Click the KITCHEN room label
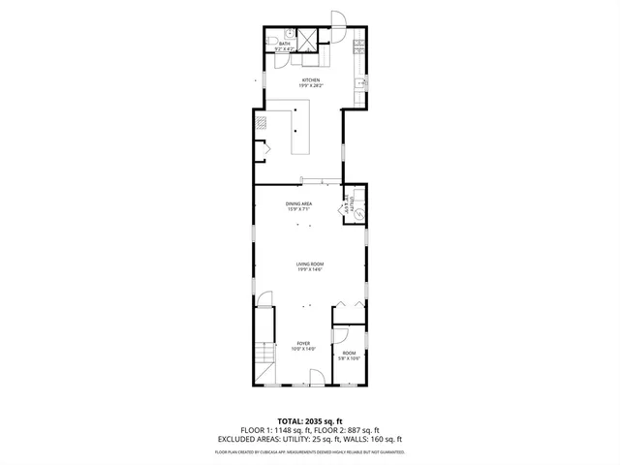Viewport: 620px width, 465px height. tap(310, 80)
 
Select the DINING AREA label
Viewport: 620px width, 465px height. tap(298, 203)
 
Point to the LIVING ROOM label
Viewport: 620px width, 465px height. tap(310, 264)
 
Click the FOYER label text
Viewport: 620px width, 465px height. tap(303, 344)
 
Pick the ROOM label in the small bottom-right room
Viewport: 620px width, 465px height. tap(349, 354)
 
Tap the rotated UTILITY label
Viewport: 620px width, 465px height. tap(346, 204)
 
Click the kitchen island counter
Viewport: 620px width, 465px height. tap(300, 131)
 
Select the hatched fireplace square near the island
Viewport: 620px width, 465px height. tap(261, 122)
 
